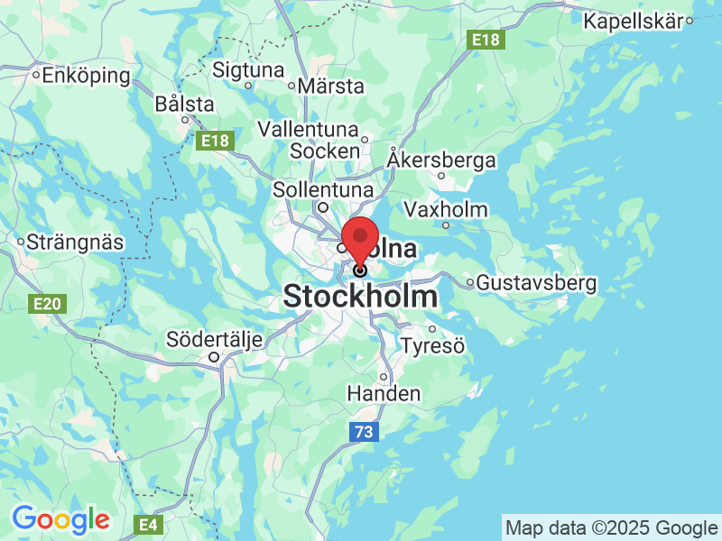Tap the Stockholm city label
(x=361, y=297)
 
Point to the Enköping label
(x=87, y=75)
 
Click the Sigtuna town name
(x=248, y=69)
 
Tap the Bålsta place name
(x=184, y=104)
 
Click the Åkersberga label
(x=441, y=160)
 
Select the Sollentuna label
(x=322, y=190)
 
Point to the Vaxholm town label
(x=446, y=210)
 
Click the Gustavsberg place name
(x=536, y=283)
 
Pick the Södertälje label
(x=215, y=340)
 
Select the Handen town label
(x=384, y=393)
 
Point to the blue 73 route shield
(x=363, y=433)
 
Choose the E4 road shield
(x=146, y=523)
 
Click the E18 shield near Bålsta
(x=215, y=141)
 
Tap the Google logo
(x=60, y=518)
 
